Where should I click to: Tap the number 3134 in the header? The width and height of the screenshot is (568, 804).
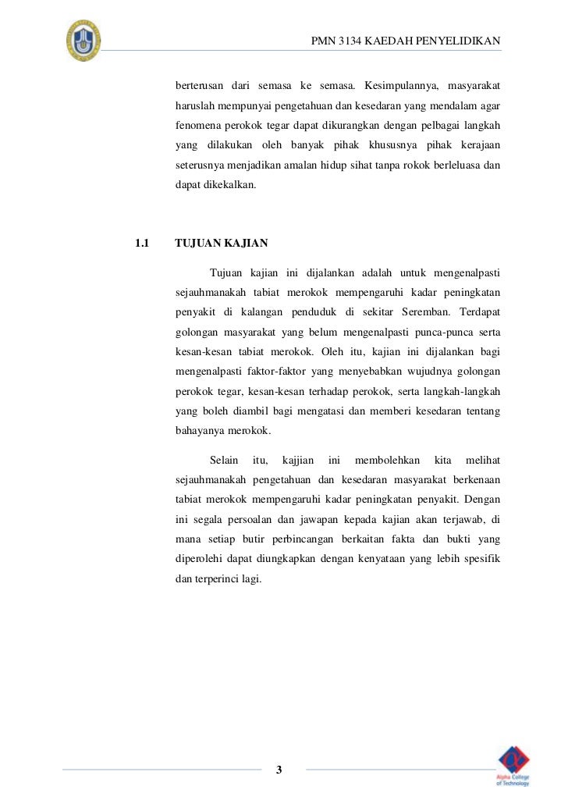353,41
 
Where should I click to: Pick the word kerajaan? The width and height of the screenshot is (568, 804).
477,146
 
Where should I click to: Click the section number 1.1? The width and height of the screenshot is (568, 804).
142,244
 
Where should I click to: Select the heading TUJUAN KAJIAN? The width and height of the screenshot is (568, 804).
222,244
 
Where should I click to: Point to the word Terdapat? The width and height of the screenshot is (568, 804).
481,312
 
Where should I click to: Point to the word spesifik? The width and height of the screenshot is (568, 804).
481,560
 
